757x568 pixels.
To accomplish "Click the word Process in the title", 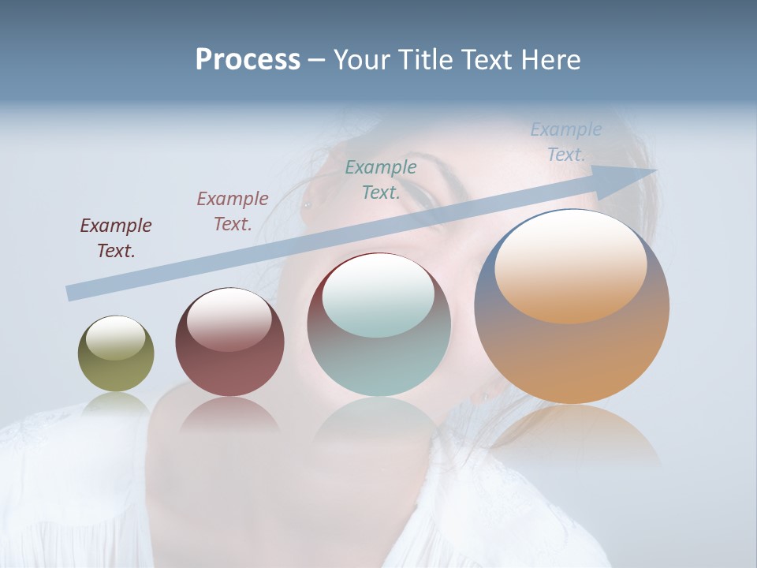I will coord(248,60).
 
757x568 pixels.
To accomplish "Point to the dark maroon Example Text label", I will coord(116,238).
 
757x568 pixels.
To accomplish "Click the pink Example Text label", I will coord(233,211).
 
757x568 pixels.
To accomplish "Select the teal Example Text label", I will coord(381,179).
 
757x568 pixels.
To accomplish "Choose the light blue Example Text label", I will coord(566,142).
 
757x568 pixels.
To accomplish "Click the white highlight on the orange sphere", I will coord(570,264).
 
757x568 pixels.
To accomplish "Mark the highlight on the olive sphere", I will coord(115,338).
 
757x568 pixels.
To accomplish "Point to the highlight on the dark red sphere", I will coord(229,319).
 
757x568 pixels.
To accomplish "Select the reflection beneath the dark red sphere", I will coord(229,414).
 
